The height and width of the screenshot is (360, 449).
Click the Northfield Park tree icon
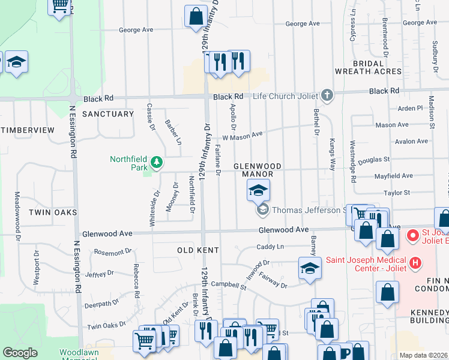click(156, 162)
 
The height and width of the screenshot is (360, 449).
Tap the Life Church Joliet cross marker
click(327, 95)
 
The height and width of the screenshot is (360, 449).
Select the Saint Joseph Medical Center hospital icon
click(414, 263)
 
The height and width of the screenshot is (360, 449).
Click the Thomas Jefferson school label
click(307, 210)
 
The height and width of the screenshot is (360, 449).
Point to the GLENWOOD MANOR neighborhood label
click(258, 169)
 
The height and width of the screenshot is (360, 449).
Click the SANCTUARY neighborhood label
click(108, 114)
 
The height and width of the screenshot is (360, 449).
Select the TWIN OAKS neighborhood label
click(52, 212)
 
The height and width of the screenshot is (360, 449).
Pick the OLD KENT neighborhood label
click(197, 249)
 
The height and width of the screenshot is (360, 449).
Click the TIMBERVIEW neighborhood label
click(28, 130)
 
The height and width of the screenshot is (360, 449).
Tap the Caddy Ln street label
click(270, 247)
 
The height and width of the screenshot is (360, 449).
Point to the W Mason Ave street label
click(243, 136)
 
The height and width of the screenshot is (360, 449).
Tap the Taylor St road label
click(397, 193)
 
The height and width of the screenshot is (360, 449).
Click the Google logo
click(20, 353)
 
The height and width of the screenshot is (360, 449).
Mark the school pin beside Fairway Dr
click(309, 268)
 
